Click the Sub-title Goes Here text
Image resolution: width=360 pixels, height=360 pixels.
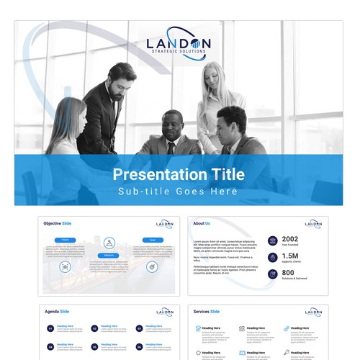click(x=179, y=192)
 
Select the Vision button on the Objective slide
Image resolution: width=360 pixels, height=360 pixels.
click(x=65, y=240)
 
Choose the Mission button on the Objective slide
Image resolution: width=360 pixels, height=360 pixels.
click(x=109, y=255)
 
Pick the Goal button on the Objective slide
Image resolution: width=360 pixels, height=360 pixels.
click(x=152, y=240)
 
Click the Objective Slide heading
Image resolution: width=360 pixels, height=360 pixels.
click(x=57, y=223)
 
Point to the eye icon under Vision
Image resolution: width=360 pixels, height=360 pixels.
click(x=65, y=266)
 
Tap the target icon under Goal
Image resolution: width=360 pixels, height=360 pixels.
click(x=152, y=266)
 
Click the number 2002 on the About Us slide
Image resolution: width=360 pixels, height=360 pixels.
click(x=290, y=240)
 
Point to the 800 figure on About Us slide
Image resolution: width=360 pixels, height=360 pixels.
click(x=288, y=274)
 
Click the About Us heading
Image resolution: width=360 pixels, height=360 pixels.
click(x=202, y=223)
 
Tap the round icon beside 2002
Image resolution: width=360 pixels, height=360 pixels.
click(x=272, y=240)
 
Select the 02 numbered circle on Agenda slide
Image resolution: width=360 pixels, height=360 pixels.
click(x=94, y=328)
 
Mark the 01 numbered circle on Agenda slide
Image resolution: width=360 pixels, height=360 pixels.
click(x=50, y=328)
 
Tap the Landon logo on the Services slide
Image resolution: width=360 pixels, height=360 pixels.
click(x=313, y=312)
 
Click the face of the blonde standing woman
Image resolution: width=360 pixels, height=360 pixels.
click(x=213, y=77)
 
